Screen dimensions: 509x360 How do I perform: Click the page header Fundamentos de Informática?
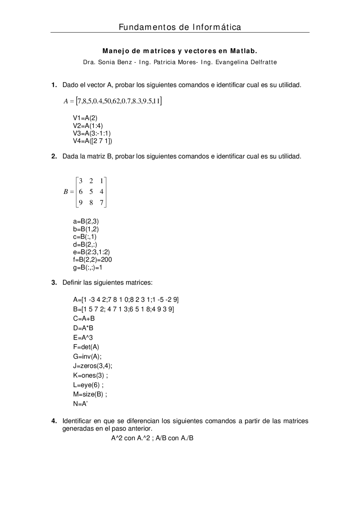(x=180, y=27)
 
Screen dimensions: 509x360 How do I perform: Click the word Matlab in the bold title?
(x=244, y=51)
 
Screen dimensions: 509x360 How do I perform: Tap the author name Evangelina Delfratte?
(x=246, y=62)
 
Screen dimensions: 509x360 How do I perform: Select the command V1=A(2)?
(x=85, y=118)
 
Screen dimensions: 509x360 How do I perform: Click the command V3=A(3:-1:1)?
(x=92, y=133)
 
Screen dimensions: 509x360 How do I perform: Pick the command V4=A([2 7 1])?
(x=92, y=141)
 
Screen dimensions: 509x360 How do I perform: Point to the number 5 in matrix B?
(x=91, y=192)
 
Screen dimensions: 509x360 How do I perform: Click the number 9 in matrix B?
(x=81, y=202)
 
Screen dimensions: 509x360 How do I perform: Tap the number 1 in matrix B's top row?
(x=102, y=181)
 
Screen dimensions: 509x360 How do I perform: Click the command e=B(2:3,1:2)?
(x=91, y=252)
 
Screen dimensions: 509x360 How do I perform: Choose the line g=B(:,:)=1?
(x=87, y=267)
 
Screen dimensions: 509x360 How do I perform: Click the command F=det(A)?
(x=86, y=347)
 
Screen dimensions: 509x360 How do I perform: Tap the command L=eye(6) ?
(x=88, y=385)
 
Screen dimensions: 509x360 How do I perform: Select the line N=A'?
(x=80, y=404)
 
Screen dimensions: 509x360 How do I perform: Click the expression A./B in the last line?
(x=187, y=438)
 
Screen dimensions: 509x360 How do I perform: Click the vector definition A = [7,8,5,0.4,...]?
(x=112, y=101)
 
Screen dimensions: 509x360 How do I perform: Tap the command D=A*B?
(x=83, y=328)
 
